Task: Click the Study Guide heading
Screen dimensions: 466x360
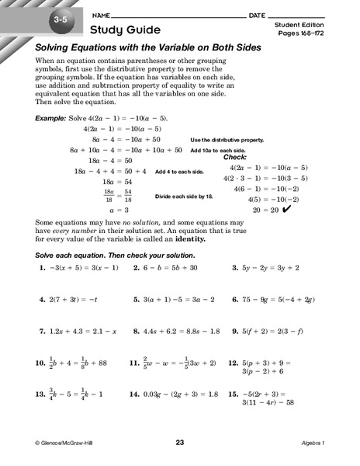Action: click(x=123, y=31)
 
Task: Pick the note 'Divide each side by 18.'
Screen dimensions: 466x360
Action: click(x=186, y=196)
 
